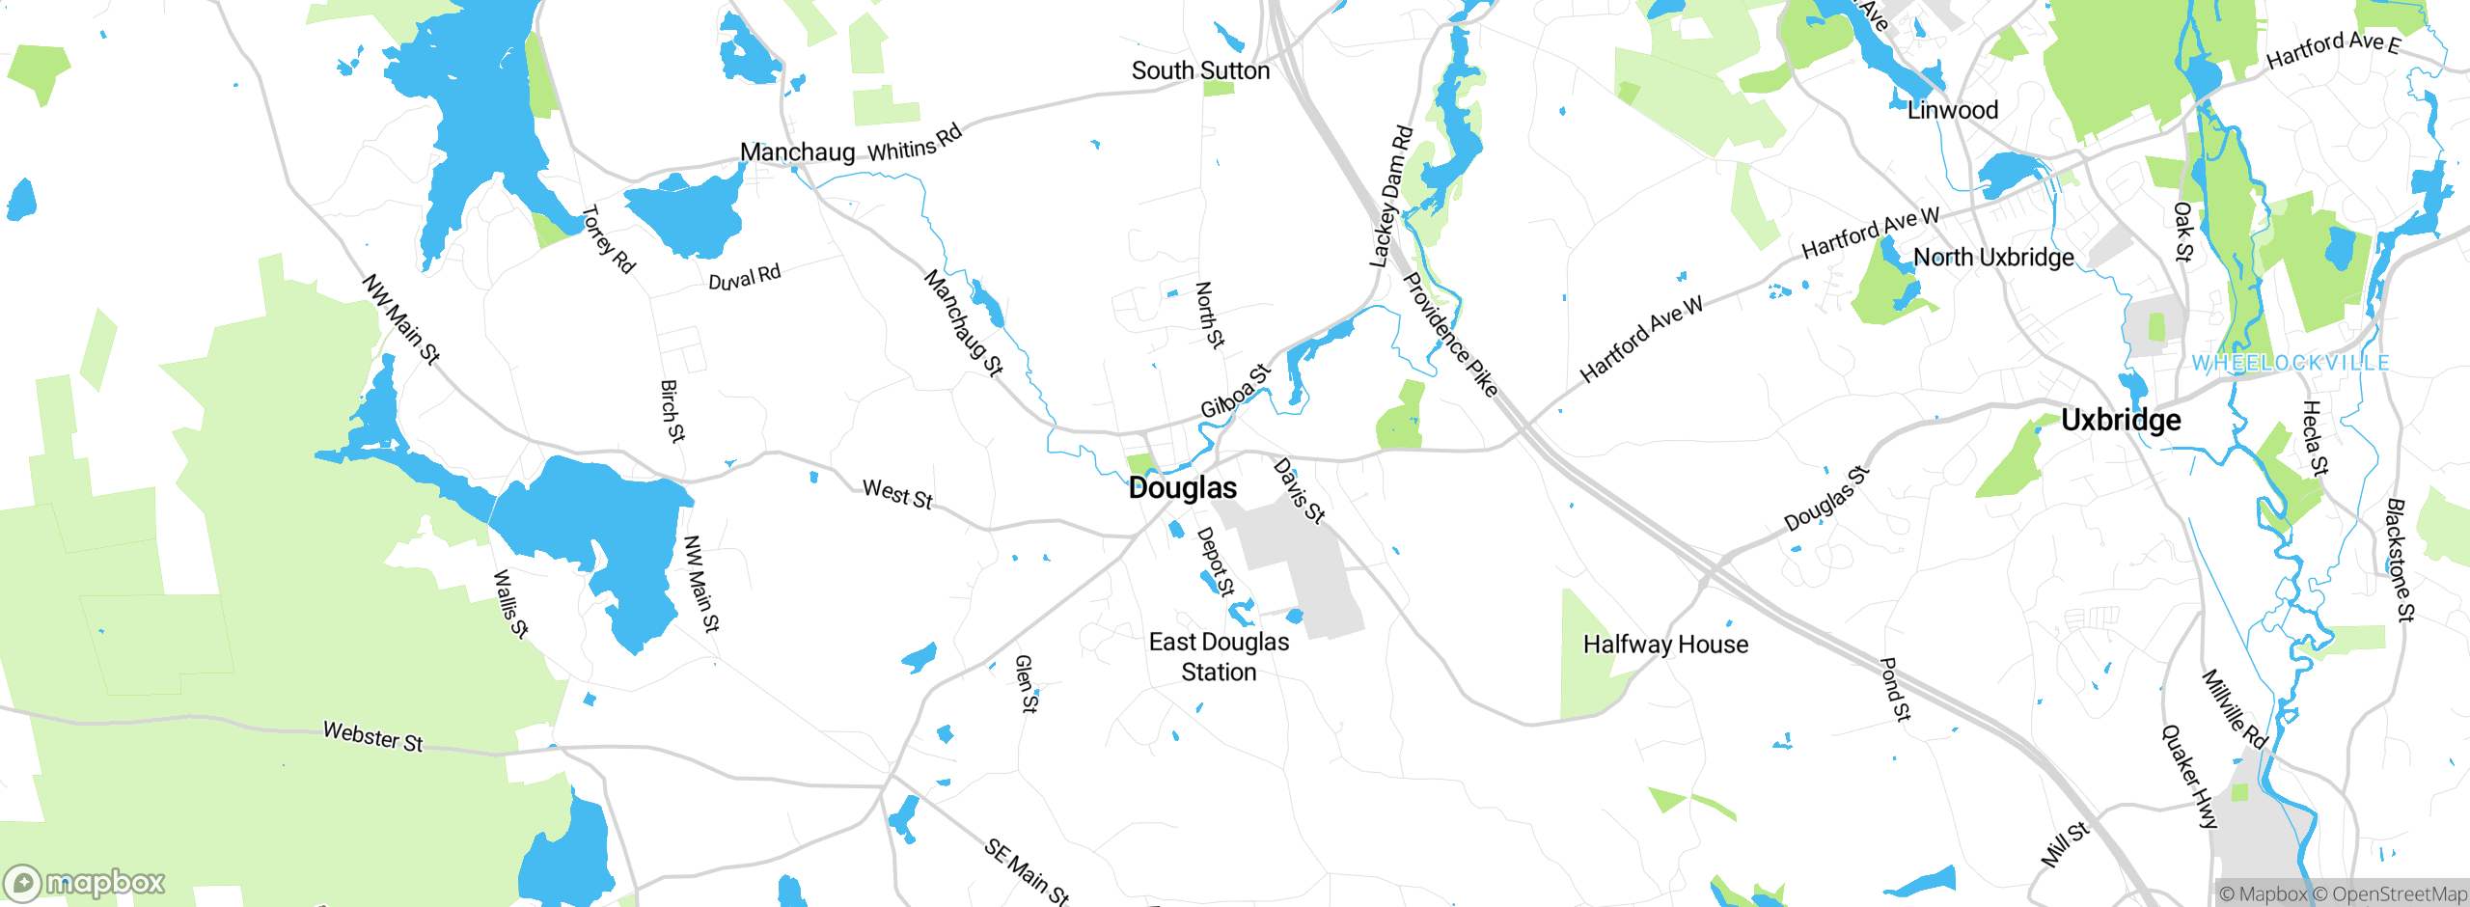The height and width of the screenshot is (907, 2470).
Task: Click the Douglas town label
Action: tap(1182, 488)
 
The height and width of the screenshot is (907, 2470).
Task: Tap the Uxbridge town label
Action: tap(2121, 421)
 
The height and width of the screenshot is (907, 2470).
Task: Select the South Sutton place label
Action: tap(1200, 71)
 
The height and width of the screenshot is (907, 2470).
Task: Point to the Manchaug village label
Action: tap(797, 152)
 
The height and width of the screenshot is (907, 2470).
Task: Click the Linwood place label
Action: tap(1953, 111)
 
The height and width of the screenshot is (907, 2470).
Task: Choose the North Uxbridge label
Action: tap(1993, 258)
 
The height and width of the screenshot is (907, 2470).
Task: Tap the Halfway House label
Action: tap(1665, 645)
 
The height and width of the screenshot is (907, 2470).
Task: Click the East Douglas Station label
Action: tap(1219, 657)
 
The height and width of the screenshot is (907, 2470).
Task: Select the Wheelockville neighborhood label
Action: tap(2291, 364)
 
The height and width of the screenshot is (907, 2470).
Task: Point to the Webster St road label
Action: tap(372, 737)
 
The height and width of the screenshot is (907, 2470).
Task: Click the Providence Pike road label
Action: tap(1449, 335)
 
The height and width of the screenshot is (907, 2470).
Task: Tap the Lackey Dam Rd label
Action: tap(1390, 197)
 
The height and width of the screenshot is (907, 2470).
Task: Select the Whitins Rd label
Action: tap(914, 145)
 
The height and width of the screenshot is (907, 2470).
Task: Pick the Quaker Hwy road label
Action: tap(2189, 777)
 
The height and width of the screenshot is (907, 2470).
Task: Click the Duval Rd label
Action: tap(744, 278)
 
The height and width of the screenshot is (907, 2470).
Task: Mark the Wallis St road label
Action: tap(510, 604)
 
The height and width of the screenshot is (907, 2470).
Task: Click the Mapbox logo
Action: tap(85, 883)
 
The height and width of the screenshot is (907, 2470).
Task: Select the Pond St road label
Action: tap(1895, 689)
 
